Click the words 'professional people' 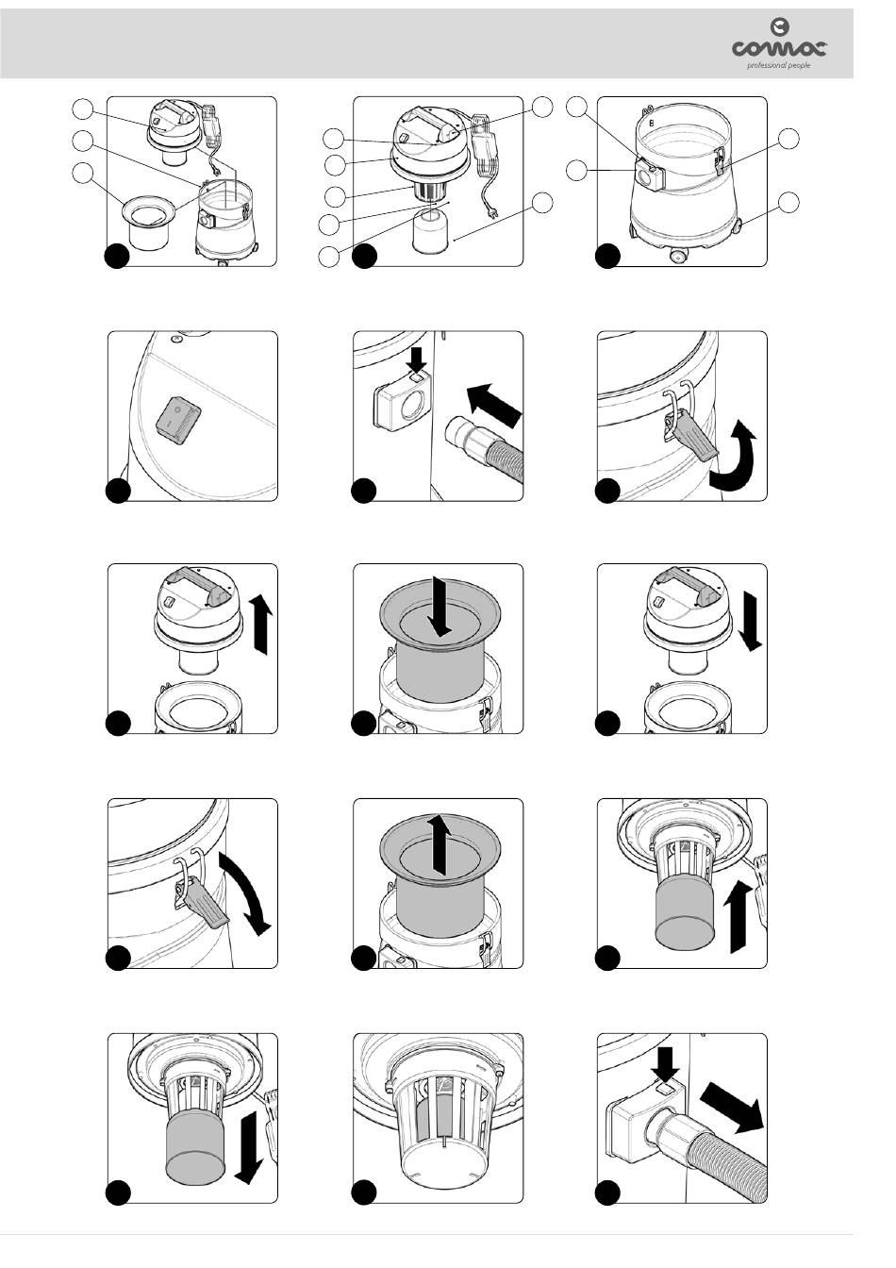(778, 66)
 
